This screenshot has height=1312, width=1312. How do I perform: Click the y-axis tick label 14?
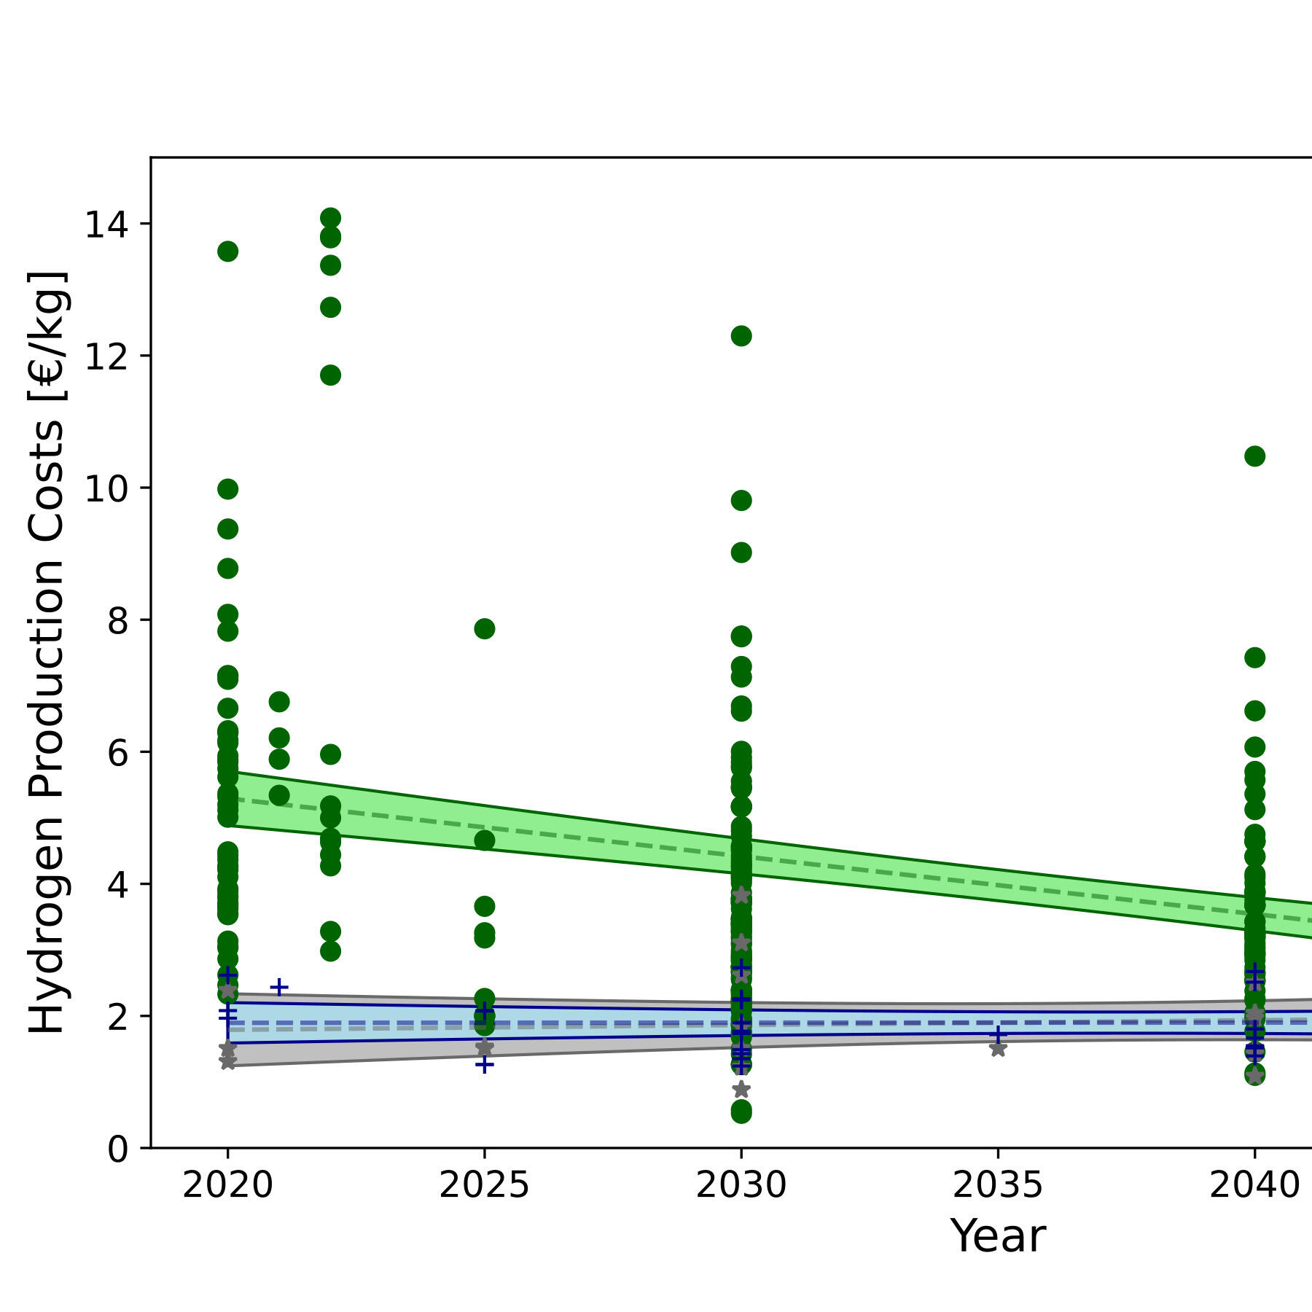(x=106, y=224)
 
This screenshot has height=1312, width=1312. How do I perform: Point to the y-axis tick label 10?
(x=106, y=488)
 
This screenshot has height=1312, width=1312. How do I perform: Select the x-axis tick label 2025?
(x=484, y=1186)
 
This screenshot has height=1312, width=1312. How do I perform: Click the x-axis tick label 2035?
(x=998, y=1186)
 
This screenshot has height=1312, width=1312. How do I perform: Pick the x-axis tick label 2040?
(x=1254, y=1186)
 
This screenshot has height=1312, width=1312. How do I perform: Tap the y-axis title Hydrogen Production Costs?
(x=48, y=652)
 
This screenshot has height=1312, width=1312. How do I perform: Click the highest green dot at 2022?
(x=330, y=218)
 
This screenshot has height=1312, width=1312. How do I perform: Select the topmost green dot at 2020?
(x=227, y=251)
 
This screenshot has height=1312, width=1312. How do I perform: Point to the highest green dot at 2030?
(x=741, y=336)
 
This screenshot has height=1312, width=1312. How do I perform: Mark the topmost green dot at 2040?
(x=1254, y=456)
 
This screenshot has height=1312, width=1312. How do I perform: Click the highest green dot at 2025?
(x=484, y=628)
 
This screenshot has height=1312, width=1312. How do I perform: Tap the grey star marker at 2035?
(x=998, y=1049)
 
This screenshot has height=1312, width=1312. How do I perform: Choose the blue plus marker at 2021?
(x=279, y=988)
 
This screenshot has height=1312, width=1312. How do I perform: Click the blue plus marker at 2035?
(x=998, y=1034)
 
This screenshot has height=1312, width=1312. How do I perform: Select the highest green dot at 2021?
(x=279, y=702)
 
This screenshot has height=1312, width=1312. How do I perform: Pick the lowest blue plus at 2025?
(x=484, y=1065)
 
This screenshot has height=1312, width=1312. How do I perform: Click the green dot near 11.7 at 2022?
(x=330, y=375)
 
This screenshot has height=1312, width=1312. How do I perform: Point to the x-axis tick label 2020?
(x=227, y=1186)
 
